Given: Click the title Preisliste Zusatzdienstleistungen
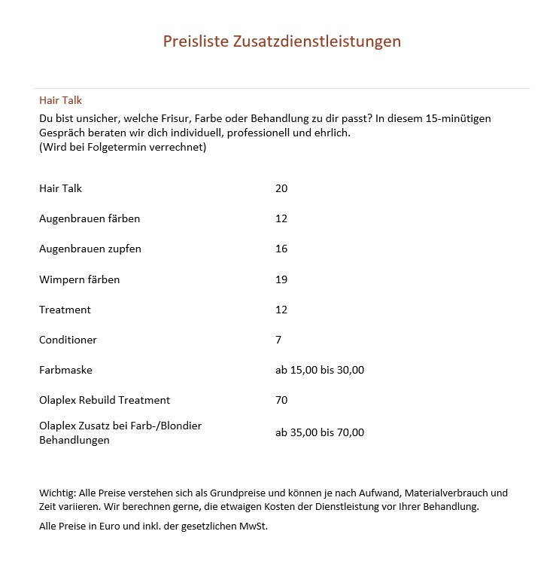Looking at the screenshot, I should (282, 41).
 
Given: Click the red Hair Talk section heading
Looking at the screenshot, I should (60, 100).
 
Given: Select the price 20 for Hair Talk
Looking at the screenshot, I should (281, 188).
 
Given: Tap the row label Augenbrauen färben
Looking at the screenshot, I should (90, 218).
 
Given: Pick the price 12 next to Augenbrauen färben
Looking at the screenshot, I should (281, 218).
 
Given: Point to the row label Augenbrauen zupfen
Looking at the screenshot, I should (90, 249).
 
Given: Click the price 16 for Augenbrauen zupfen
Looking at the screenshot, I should (281, 249).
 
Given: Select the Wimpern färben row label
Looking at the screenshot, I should (79, 279).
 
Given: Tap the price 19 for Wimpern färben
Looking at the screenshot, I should (281, 279).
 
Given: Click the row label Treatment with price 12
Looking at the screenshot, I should (65, 310).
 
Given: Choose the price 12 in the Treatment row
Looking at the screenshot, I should (281, 310).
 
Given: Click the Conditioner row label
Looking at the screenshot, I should (68, 340).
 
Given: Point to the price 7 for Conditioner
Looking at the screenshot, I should (278, 340).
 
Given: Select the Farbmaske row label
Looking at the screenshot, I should (65, 370).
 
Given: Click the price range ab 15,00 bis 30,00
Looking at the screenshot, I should (320, 370).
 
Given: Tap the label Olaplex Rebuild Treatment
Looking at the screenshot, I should (105, 400).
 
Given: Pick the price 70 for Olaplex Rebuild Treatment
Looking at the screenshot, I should (281, 400).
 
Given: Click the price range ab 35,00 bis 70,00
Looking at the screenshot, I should (320, 432).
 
